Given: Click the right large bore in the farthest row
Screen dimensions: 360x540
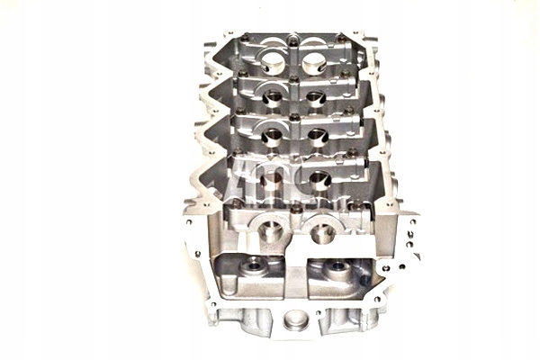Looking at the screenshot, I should [x=313, y=63].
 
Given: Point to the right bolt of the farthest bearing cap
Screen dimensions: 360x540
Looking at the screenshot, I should [x=339, y=38].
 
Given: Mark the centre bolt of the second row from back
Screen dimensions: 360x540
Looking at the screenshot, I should [x=294, y=79].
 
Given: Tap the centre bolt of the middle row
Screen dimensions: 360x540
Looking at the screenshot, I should [x=294, y=117].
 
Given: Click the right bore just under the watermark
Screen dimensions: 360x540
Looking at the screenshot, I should [x=320, y=179].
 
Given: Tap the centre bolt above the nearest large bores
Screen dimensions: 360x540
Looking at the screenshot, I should [x=295, y=209].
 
